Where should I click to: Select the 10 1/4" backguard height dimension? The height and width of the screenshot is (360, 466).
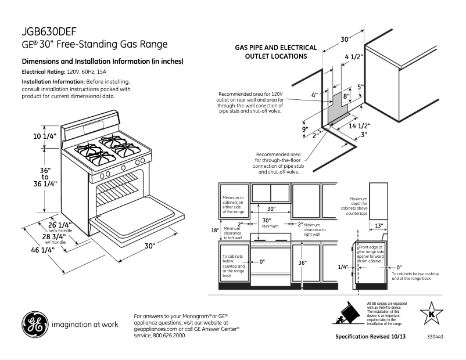coord(44,136)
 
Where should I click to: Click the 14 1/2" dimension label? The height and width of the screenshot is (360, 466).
coord(359,125)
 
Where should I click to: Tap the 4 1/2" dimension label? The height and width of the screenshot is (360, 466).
coord(353,56)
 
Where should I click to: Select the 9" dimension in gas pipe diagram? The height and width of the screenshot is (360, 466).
coord(304,129)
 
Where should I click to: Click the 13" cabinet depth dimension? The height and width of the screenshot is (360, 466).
coord(379,225)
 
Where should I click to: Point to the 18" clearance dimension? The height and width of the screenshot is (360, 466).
coord(215,230)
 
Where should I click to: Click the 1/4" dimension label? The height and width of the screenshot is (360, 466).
coord(342,267)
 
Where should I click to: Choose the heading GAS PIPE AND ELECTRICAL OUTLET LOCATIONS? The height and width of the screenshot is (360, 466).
coord(275,52)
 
